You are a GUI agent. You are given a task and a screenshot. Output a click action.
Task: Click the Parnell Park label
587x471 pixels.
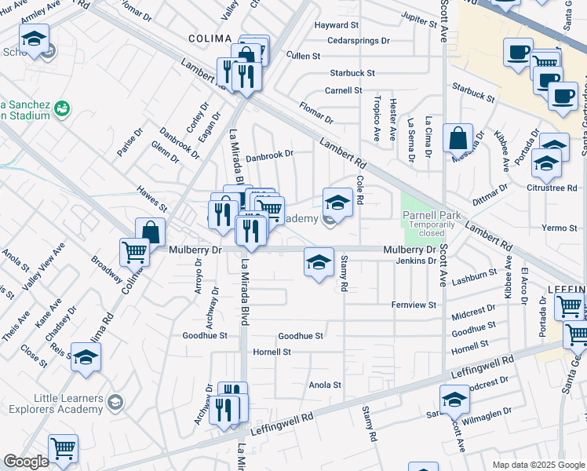pos(428,214)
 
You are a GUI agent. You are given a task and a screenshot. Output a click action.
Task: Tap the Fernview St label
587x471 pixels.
pos(414,304)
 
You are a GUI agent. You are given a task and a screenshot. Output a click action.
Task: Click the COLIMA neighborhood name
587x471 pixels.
pos(210,38)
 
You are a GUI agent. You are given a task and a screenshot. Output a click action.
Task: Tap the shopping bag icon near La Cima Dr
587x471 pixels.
pos(458,138)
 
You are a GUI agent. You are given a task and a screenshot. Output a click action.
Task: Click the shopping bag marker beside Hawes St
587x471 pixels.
pos(150,232)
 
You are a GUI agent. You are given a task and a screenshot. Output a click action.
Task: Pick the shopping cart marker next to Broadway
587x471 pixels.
pos(134,252)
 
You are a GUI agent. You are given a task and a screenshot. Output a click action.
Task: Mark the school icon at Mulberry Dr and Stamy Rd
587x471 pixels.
pos(319,262)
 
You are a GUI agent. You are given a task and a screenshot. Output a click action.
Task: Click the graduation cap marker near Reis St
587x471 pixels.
pos(86,356)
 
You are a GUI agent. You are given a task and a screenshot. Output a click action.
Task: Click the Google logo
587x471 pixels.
pos(26,462)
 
